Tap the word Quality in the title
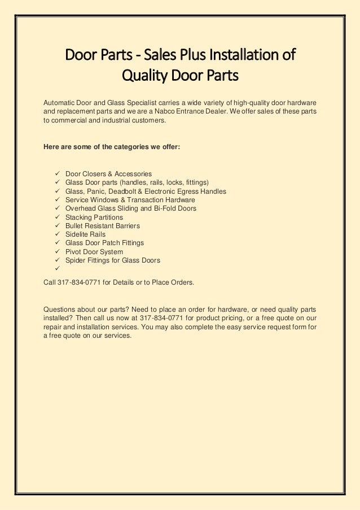[x=145, y=75]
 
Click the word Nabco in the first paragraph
[x=169, y=111]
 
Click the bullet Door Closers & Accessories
[x=108, y=174]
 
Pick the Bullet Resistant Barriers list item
[x=103, y=226]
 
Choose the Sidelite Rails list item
[x=85, y=234]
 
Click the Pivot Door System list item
[x=94, y=252]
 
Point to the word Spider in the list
[x=75, y=260]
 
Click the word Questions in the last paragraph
[x=60, y=309]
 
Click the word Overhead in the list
[x=80, y=208]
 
